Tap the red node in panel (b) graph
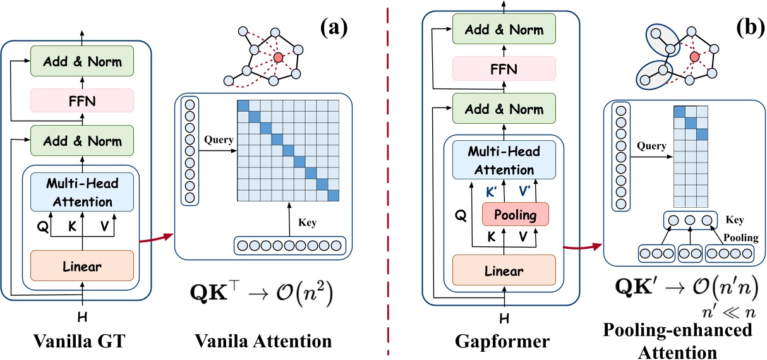point(694,57)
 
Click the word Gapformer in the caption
point(502,341)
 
